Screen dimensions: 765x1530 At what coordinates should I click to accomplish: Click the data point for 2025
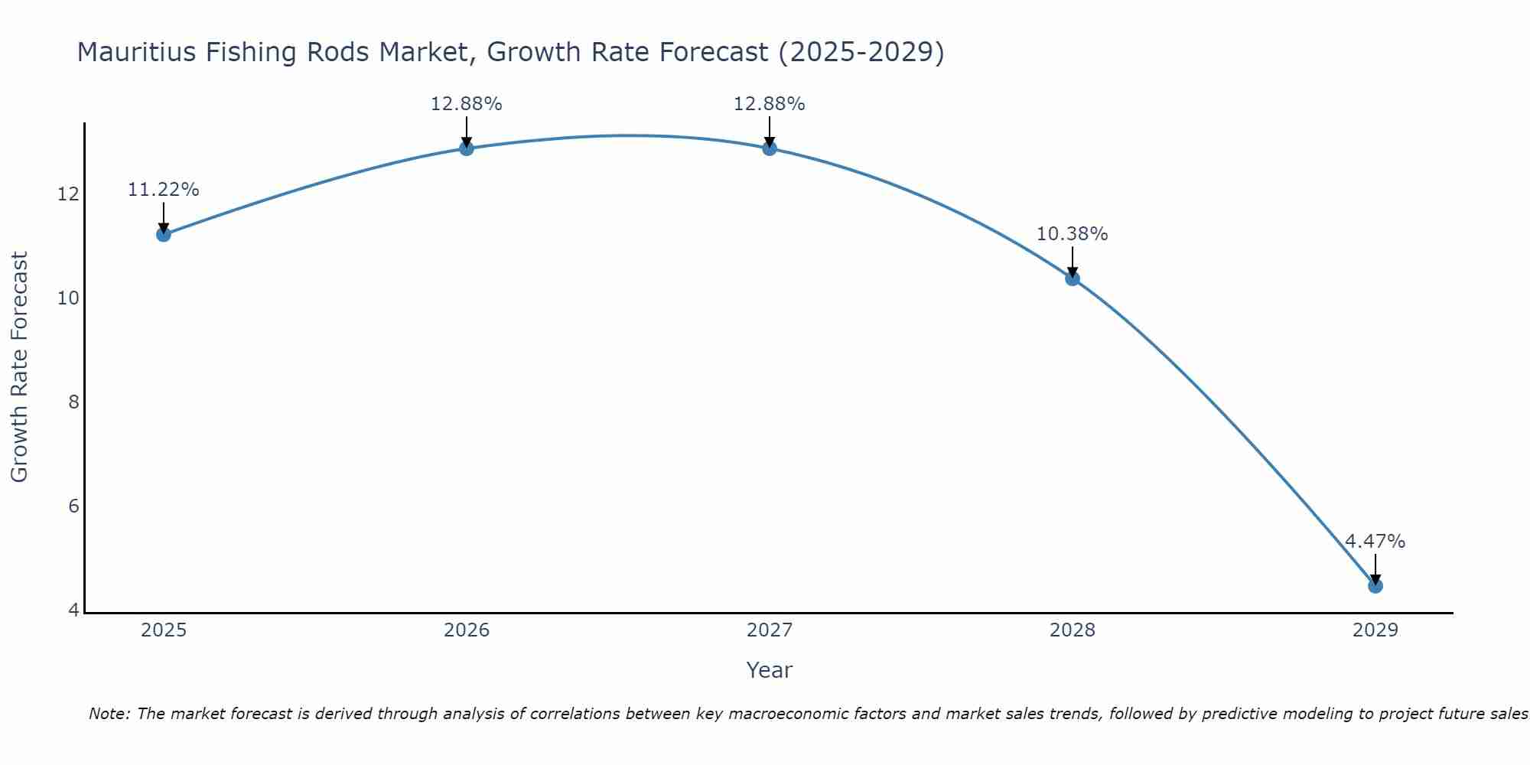(163, 234)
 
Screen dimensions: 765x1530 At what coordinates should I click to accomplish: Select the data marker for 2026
(466, 148)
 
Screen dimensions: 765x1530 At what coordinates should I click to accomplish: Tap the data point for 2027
(770, 148)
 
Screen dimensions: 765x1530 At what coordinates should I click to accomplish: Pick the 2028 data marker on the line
(1073, 278)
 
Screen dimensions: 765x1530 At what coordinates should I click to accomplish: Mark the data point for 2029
(1375, 586)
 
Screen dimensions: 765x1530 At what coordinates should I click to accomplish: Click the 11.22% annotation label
(163, 190)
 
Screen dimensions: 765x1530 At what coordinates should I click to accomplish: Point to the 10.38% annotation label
(1072, 234)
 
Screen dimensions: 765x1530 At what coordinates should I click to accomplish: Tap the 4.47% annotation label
(1375, 542)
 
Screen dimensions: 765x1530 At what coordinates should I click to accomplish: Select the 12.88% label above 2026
(466, 104)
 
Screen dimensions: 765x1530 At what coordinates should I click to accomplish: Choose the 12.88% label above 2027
(769, 104)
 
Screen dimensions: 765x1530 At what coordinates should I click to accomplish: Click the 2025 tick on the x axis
(164, 630)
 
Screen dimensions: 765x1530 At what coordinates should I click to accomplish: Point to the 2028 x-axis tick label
(1073, 630)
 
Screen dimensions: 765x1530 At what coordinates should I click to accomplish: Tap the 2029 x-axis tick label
(1375, 630)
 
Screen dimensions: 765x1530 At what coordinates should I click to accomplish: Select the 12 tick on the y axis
(68, 194)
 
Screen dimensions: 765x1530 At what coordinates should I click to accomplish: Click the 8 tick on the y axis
(73, 402)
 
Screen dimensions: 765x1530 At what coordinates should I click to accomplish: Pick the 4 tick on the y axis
(73, 610)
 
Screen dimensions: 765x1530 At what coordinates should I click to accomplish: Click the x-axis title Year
(769, 670)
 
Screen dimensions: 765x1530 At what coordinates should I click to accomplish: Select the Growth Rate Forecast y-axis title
(20, 367)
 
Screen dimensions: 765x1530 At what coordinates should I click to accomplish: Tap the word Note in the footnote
(109, 714)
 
